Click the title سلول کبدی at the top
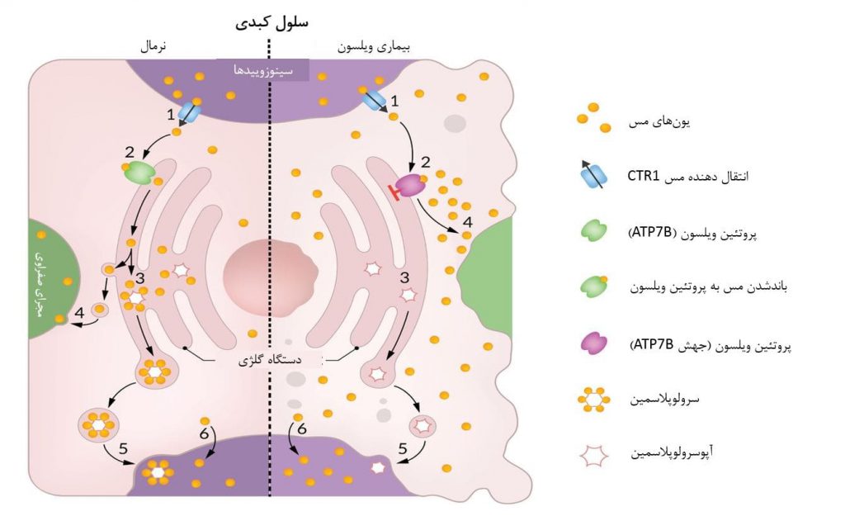click(271, 22)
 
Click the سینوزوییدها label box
click(263, 70)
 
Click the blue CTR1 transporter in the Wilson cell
click(374, 101)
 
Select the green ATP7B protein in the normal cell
click(139, 173)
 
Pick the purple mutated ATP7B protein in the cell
click(410, 186)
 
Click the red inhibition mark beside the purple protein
click(394, 192)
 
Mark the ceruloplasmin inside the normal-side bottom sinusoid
click(157, 475)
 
